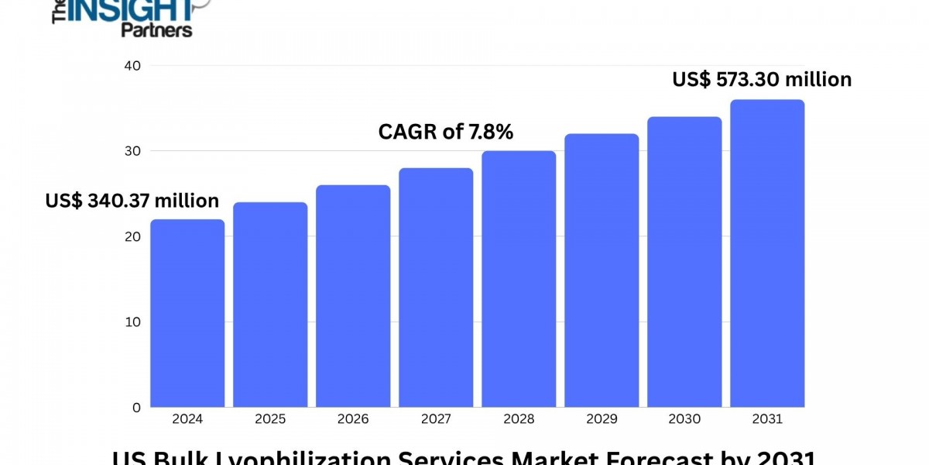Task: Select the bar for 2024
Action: pos(187,313)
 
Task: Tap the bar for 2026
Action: pos(353,296)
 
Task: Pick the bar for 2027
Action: pos(436,288)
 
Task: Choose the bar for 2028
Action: pos(519,279)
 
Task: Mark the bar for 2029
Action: pos(602,270)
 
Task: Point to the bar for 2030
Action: pos(684,262)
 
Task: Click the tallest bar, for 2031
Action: pos(767,253)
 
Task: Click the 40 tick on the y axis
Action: pos(132,66)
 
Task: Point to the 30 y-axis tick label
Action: pos(132,151)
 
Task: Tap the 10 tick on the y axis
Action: pos(132,322)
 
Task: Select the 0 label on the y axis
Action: pos(136,407)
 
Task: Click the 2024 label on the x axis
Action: pos(187,419)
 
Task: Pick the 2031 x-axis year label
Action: pos(767,419)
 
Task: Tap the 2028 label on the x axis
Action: pos(519,419)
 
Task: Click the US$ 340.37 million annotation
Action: pos(132,201)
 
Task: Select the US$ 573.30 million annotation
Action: pos(762,79)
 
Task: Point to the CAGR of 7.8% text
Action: pos(445,133)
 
